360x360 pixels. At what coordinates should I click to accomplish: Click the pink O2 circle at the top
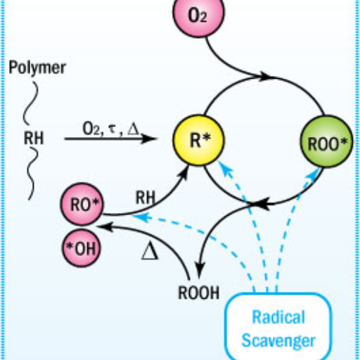tap(198, 14)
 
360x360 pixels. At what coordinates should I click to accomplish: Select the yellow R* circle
tap(198, 140)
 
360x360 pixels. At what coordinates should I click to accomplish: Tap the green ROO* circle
tap(326, 141)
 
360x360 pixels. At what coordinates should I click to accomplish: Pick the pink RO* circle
tap(82, 204)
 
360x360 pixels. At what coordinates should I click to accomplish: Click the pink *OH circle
tap(82, 248)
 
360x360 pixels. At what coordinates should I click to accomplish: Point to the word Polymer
tap(37, 67)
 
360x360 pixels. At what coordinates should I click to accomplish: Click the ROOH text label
tap(199, 292)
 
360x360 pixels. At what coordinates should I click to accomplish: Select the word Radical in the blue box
tap(278, 317)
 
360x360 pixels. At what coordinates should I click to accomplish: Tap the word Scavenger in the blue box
tap(278, 340)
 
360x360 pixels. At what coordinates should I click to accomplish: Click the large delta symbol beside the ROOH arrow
tap(150, 251)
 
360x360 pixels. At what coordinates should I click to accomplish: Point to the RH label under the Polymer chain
tap(34, 138)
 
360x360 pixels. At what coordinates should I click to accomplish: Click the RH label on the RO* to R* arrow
tap(146, 198)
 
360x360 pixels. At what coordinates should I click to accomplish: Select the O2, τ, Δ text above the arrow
tap(110, 129)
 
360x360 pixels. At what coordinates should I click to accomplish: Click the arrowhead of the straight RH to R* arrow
tap(149, 139)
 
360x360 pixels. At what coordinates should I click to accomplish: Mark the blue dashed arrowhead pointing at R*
tap(224, 168)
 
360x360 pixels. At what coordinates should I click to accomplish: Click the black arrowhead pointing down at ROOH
tap(200, 270)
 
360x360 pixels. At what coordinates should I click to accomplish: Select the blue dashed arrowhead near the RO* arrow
tap(141, 217)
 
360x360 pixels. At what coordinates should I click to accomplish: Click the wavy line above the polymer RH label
tap(30, 103)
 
